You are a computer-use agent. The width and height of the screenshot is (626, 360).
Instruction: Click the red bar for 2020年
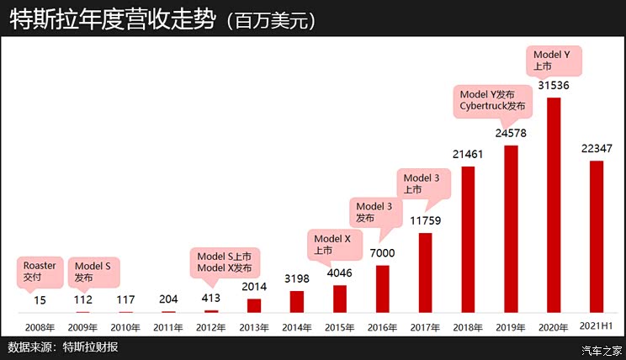coord(554,205)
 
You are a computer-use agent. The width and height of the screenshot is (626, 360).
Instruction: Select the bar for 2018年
coord(469,240)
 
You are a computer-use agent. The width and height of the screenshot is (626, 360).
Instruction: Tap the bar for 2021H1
coord(597,236)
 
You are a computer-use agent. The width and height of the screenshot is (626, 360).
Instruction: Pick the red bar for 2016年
coord(383,289)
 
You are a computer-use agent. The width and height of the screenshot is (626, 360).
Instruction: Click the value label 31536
coord(554,85)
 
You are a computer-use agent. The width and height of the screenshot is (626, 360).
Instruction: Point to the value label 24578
coord(512,133)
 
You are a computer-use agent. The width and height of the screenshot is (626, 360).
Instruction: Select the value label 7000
coord(383,253)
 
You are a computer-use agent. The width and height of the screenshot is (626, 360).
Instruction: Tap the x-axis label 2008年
coord(40,326)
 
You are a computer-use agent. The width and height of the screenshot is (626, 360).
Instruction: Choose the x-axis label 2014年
coord(297,326)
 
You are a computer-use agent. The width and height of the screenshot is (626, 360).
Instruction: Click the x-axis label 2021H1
coord(597,326)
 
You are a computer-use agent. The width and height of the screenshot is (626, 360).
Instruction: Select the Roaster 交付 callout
coord(40,271)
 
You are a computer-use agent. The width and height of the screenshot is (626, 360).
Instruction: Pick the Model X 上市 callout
coord(331,244)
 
